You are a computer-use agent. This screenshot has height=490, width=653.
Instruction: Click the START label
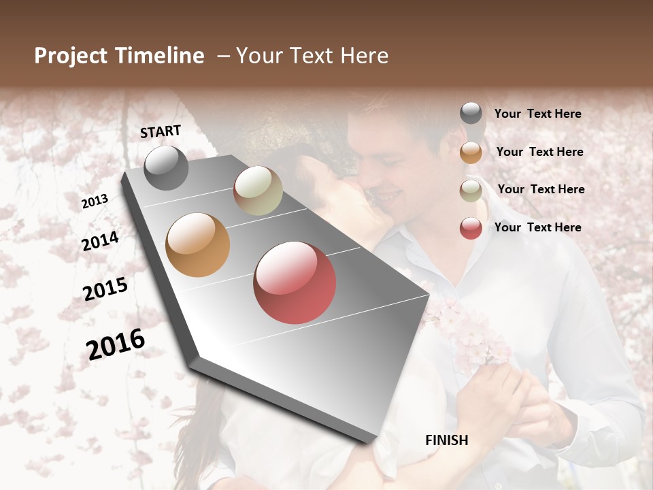pos(161,131)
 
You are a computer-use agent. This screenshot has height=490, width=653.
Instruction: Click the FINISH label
pos(447,440)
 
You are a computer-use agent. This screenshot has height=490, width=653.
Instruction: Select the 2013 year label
pos(95,201)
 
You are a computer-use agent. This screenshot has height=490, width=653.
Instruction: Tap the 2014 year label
pos(100,242)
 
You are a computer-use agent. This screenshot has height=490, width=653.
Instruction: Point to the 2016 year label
pos(116,344)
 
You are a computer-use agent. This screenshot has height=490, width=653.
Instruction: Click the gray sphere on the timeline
pos(166,168)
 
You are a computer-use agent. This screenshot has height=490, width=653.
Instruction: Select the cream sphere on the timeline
pos(258,191)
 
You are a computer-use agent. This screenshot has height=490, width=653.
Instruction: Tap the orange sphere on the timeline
pos(197,245)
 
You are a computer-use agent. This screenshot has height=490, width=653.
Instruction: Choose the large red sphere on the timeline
pos(295,282)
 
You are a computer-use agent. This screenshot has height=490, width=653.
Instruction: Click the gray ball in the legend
pos(471,114)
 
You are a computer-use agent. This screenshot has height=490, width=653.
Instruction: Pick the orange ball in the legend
pos(471,152)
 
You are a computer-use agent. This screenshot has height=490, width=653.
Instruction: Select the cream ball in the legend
pos(471,190)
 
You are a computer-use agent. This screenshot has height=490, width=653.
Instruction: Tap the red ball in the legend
pos(471,228)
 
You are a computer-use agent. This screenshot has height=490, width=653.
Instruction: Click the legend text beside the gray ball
pos(537,114)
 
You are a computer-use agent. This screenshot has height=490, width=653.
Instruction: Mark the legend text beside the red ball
pos(537,227)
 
